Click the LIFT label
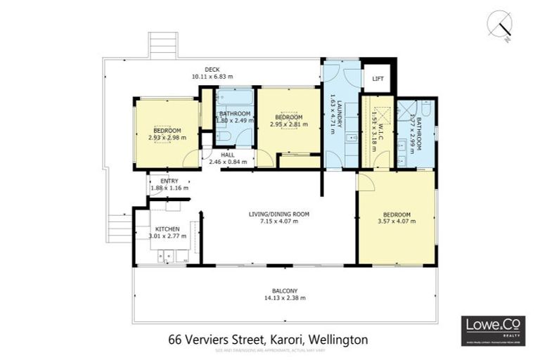tap(378, 79)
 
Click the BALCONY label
tap(285, 290)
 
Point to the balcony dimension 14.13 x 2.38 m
tap(285, 298)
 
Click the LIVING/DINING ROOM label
tap(279, 214)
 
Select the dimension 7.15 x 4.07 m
tap(279, 221)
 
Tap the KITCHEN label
tap(167, 229)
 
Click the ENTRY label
tap(170, 181)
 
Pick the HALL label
tap(227, 155)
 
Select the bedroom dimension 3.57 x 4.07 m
tap(397, 221)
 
